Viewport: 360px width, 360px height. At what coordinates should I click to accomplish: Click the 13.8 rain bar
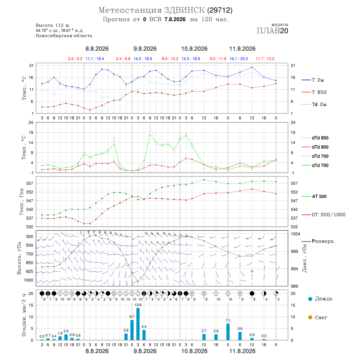pos(138,324)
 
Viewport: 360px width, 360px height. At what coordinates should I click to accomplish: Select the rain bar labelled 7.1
pos(228,332)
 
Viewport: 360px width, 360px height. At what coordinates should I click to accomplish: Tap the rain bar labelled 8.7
pos(132,330)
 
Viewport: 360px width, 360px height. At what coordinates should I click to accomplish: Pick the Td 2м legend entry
pos(314,104)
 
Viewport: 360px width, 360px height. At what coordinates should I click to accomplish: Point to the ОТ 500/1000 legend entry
pos(324,215)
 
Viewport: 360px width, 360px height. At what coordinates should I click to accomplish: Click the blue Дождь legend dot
pos(310,299)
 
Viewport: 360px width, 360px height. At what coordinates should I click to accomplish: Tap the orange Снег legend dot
pos(310,317)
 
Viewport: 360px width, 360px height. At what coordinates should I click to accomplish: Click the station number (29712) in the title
pos(220,10)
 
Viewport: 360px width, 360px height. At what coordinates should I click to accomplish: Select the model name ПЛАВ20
pos(272,31)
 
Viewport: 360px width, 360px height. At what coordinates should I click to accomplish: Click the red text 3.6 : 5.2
pos(75,59)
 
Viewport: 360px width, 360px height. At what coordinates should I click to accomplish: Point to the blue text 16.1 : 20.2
pos(239,59)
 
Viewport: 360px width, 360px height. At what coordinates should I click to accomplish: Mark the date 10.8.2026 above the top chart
pos(194,49)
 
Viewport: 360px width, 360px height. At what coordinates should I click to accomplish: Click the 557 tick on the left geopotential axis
pos(30,184)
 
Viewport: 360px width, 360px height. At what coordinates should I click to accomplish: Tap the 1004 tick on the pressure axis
pos(295,234)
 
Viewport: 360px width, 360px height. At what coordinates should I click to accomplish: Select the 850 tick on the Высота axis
pos(29,263)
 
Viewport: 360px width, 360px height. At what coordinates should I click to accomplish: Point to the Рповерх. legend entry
pos(318,241)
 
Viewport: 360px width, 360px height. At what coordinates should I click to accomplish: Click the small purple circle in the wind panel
pos(252,271)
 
